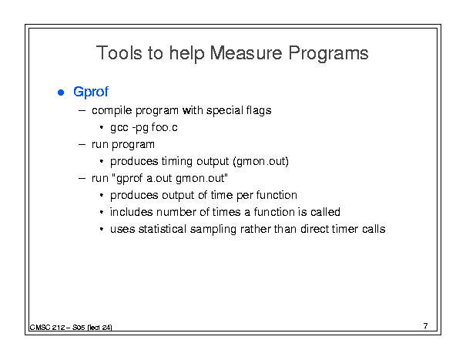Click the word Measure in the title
[x=246, y=53]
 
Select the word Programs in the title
[x=328, y=53]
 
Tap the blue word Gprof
[x=91, y=92]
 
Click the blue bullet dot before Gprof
[x=61, y=93]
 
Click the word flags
[x=259, y=111]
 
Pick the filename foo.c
[x=164, y=127]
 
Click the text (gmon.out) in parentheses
[x=260, y=161]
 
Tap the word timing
[x=177, y=162]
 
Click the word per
[x=245, y=196]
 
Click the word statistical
[x=163, y=229]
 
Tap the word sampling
[x=213, y=230]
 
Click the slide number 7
[x=426, y=326]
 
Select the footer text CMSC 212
[x=47, y=328]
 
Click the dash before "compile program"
[x=82, y=111]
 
